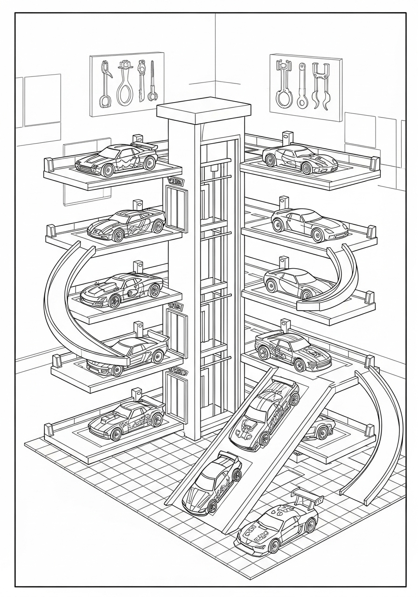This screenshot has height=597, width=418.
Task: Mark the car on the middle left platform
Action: (x=122, y=290)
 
